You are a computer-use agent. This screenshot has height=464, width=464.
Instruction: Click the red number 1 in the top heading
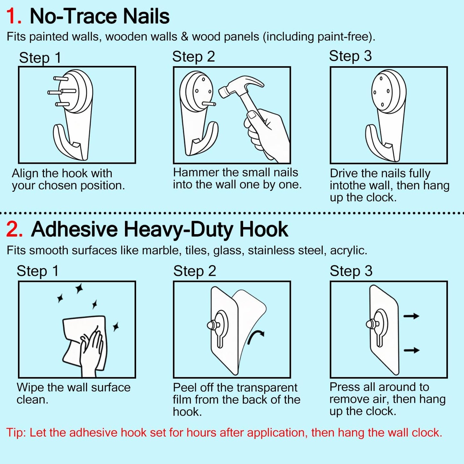(x=12, y=16)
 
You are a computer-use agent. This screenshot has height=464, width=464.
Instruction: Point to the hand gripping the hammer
(x=265, y=132)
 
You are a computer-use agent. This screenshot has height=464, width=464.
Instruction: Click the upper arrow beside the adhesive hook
(x=411, y=316)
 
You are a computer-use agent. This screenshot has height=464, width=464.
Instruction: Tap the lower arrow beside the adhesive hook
(x=411, y=350)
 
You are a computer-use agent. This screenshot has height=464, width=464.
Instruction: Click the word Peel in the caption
(x=185, y=388)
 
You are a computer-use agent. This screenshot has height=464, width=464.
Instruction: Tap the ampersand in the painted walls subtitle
(x=185, y=37)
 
